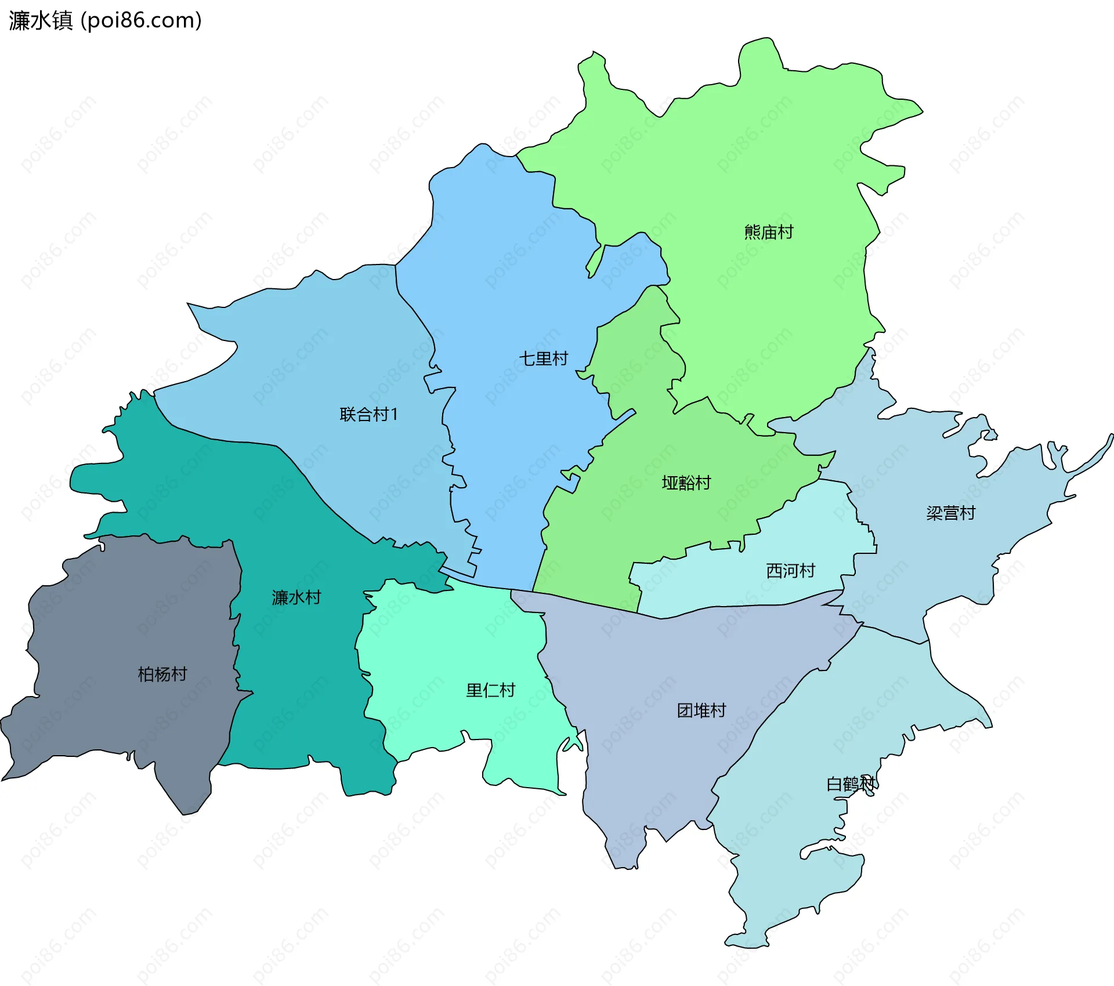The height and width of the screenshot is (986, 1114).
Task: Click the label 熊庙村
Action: click(768, 233)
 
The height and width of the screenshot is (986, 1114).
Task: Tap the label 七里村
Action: click(543, 359)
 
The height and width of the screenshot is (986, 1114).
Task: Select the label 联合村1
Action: click(369, 415)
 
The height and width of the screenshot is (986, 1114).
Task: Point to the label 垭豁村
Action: click(686, 483)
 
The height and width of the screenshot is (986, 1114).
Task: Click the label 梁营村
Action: click(950, 513)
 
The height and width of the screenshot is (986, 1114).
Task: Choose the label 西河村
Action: click(790, 571)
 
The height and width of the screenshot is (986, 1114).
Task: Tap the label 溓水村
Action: click(296, 598)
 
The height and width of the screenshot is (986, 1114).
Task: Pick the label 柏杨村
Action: click(162, 675)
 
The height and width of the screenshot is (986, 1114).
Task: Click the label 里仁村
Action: click(490, 691)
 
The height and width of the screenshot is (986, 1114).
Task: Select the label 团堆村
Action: click(701, 711)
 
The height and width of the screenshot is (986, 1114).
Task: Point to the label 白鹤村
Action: click(851, 785)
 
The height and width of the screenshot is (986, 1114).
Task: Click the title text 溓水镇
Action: click(41, 20)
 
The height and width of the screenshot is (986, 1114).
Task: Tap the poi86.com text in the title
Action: click(141, 20)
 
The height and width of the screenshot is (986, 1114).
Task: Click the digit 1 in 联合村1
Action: click(395, 415)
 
